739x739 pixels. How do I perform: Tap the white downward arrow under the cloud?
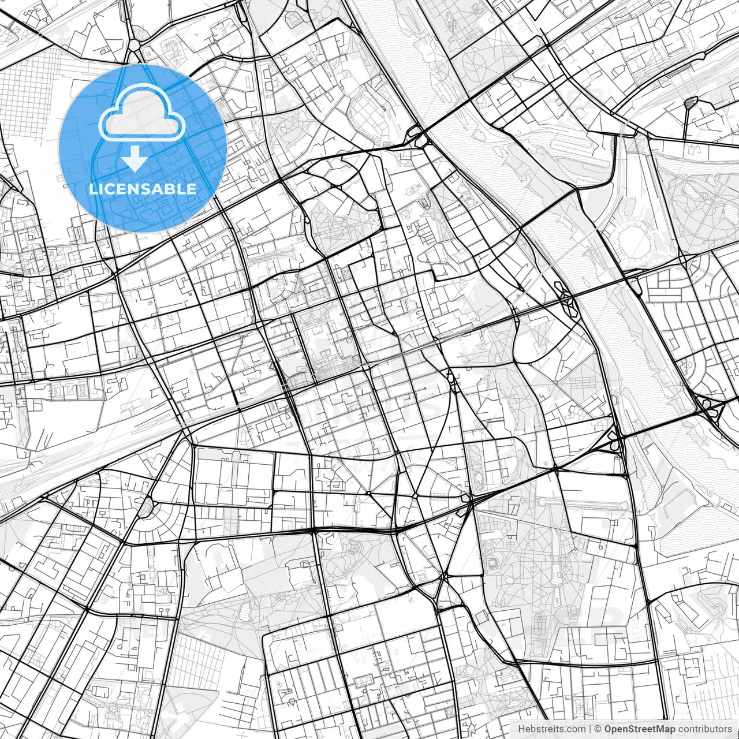click(135, 158)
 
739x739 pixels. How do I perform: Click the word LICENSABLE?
click(142, 189)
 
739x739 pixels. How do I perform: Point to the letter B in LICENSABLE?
click(176, 189)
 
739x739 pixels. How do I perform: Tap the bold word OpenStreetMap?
click(640, 729)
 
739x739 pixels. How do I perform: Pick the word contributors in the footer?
click(705, 729)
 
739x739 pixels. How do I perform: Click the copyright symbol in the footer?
click(599, 729)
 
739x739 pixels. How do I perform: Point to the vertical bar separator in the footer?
click(590, 729)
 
